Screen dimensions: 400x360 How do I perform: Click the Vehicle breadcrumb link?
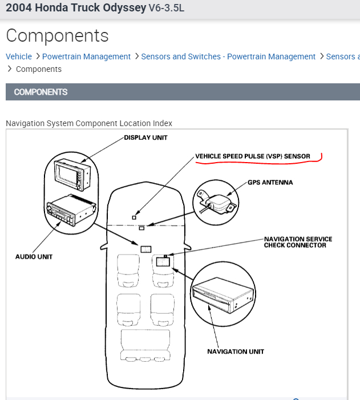point(19,56)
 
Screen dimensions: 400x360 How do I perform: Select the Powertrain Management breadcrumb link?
point(86,56)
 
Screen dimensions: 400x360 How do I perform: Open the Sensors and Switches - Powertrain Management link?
point(228,56)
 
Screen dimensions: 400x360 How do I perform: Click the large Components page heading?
point(57,35)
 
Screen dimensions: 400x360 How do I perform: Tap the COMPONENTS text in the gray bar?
point(41,92)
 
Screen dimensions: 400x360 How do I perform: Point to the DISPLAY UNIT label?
point(146,138)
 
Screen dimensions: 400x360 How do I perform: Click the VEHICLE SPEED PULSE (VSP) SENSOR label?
point(253,156)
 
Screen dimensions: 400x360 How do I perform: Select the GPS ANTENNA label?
point(270,183)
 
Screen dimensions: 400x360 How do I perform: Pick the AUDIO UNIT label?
point(34,257)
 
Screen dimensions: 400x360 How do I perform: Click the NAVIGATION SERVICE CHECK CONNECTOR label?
point(298,242)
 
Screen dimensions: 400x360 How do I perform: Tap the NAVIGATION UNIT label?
point(236,351)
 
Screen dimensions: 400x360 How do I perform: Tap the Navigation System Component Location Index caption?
point(89,123)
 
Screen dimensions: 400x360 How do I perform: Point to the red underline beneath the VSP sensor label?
point(260,162)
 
